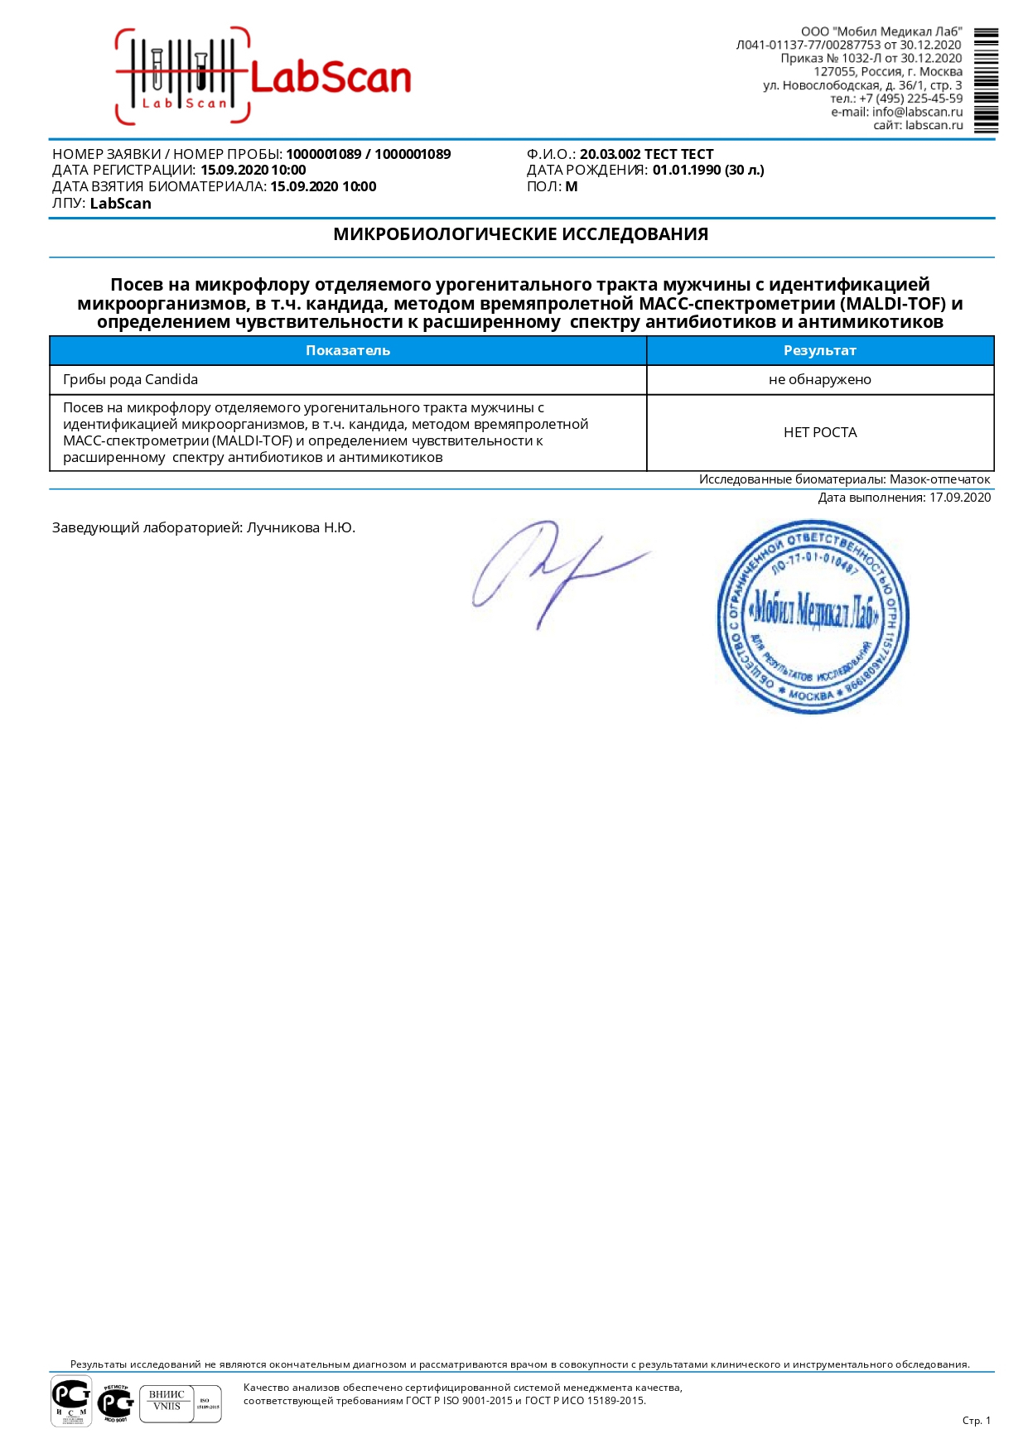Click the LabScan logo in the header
tap(263, 77)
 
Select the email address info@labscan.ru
tap(917, 112)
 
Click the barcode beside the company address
tap(986, 80)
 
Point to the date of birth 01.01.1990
tap(687, 171)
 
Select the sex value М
tap(572, 187)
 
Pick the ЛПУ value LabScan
tap(120, 204)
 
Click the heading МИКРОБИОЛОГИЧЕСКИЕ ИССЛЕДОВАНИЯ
tap(520, 234)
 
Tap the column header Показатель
tap(347, 350)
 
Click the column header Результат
tap(819, 350)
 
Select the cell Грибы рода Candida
tap(130, 380)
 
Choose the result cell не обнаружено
tap(819, 380)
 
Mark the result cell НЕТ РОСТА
tap(819, 432)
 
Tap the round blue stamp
tap(813, 616)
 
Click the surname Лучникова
tap(282, 527)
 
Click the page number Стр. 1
tap(976, 1421)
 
